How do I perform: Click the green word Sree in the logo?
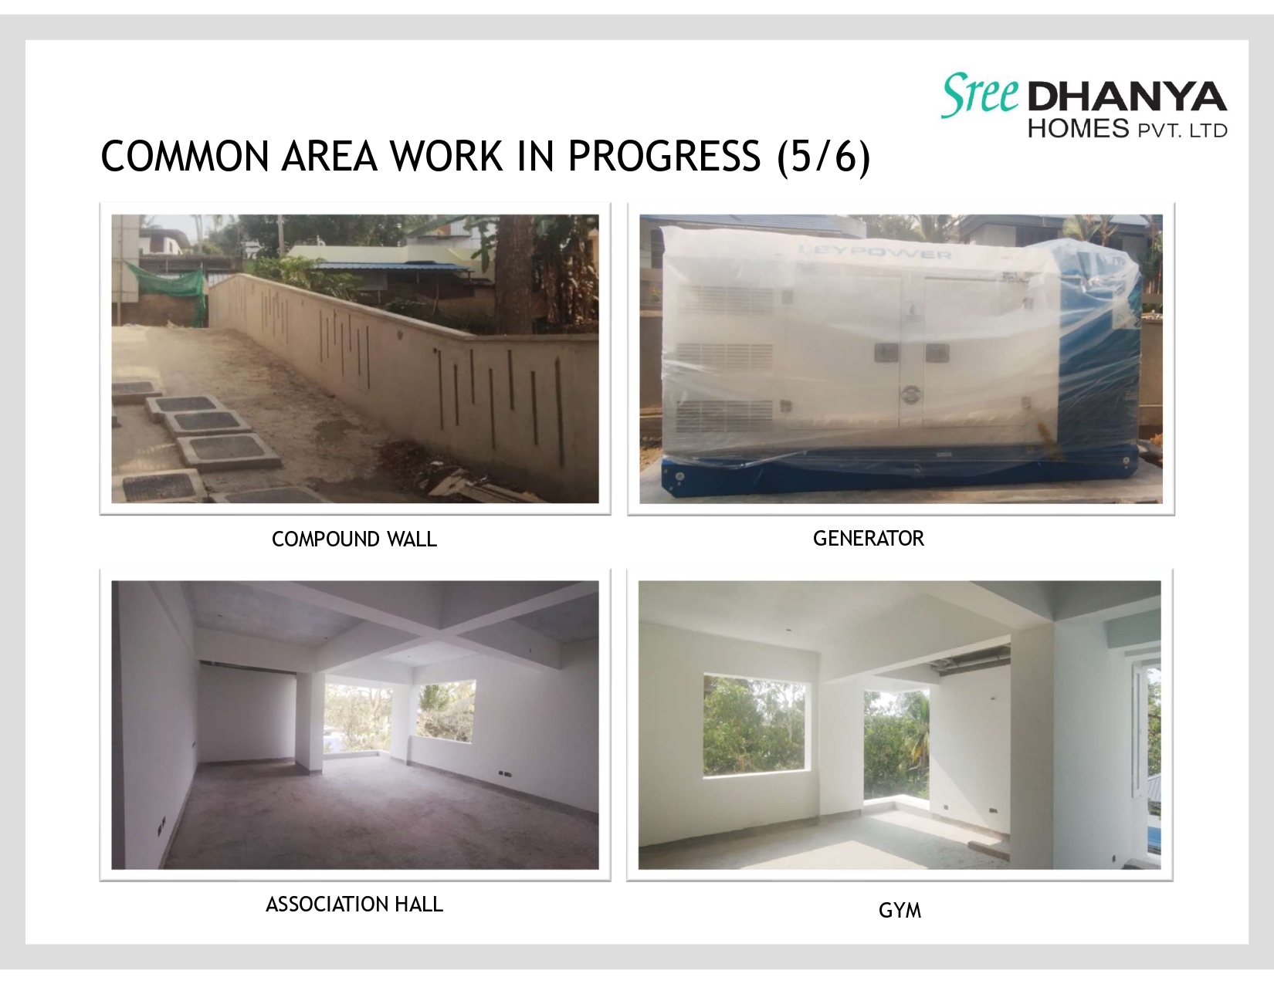981,94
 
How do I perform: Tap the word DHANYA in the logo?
1127,96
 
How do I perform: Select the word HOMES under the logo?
1078,128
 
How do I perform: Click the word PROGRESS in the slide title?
664,157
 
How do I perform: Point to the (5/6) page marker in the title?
823,157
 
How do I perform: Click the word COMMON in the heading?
185,157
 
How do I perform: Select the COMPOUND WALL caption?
354,539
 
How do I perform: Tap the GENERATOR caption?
869,538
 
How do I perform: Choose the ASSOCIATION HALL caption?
354,905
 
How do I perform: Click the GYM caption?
900,910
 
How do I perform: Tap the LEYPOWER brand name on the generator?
876,253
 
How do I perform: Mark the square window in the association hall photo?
446,712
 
